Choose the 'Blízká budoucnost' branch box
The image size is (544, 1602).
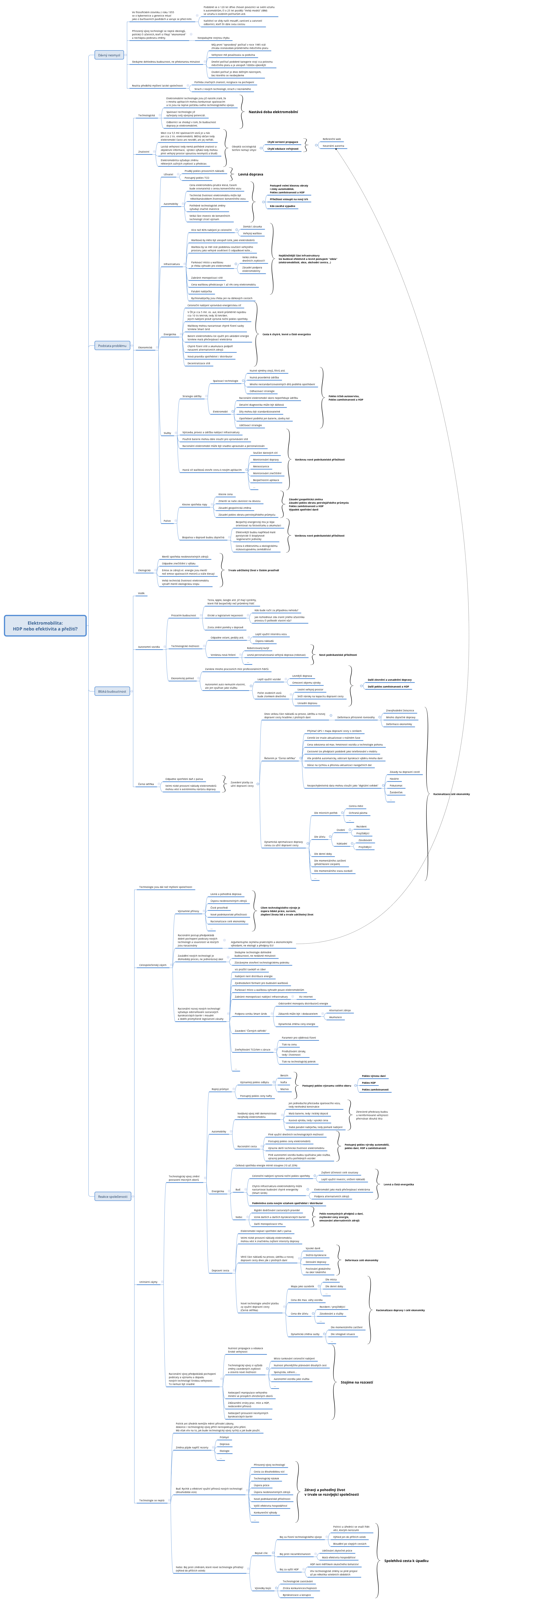pos(112,691)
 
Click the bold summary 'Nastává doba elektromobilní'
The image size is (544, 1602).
pos(273,112)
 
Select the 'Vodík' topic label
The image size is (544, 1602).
pos(141,593)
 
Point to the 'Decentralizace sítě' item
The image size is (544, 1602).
pos(199,363)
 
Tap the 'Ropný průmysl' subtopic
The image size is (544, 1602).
pos(220,1089)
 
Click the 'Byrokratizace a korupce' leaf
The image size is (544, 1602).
pos(296,1595)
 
